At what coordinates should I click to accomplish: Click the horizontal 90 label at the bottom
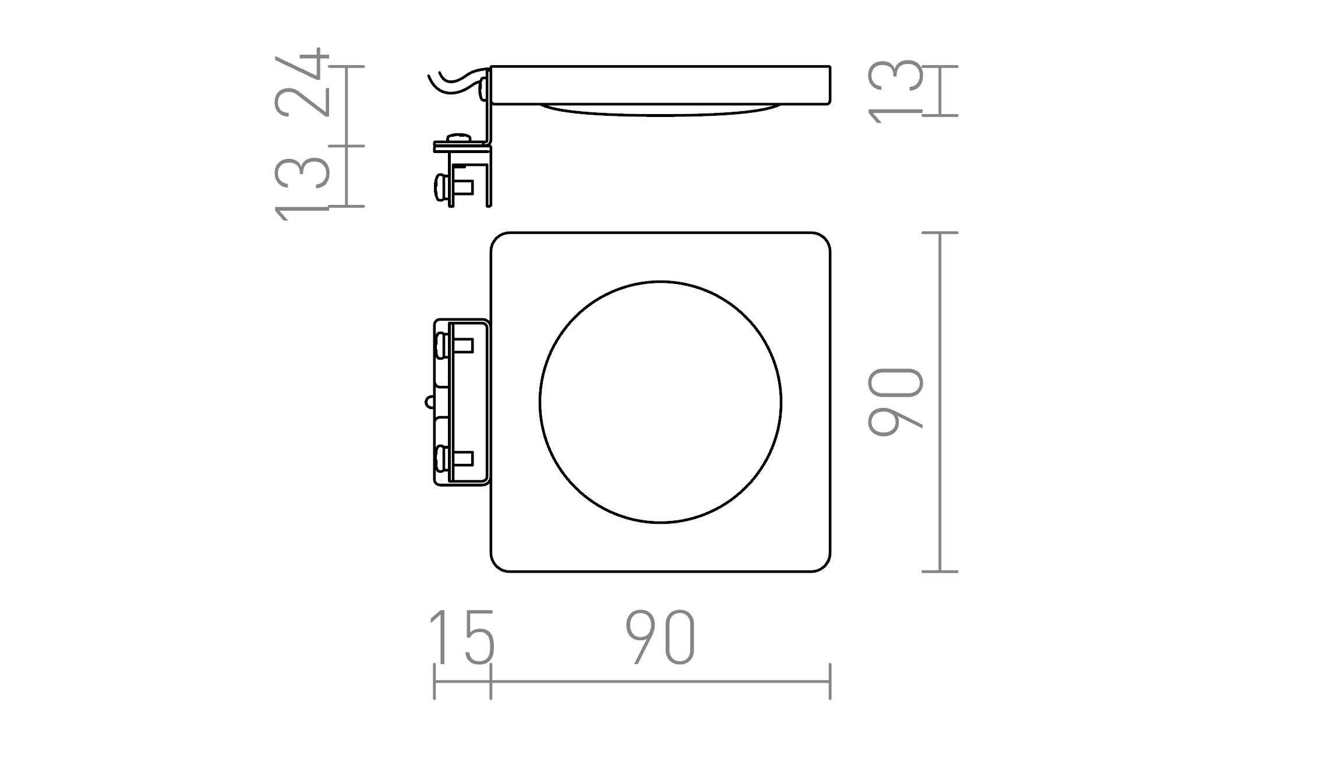coord(660,638)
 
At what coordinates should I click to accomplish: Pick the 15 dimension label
coord(461,638)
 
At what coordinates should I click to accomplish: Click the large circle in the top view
coord(660,402)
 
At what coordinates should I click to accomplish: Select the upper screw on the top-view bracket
coord(441,346)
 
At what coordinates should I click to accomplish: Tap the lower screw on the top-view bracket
coord(441,459)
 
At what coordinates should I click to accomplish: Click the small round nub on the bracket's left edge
coord(429,402)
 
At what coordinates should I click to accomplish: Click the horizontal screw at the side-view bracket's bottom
coord(440,188)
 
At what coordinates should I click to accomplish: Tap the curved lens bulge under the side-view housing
coord(660,111)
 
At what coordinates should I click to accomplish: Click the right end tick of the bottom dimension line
coord(830,681)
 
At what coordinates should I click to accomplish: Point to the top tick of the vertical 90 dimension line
coord(940,233)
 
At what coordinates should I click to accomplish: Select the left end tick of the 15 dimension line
coord(435,681)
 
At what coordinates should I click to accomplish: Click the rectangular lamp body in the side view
coord(660,85)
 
